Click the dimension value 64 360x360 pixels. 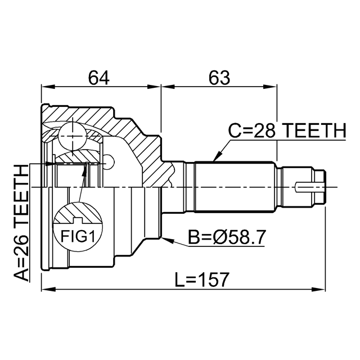coord(99,78)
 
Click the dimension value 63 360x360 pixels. coord(219,78)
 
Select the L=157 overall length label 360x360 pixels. coord(202,280)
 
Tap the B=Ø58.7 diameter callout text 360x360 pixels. coord(227,237)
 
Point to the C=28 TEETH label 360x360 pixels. coord(287,130)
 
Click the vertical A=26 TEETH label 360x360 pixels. coord(21,223)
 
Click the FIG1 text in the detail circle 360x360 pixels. coord(78,236)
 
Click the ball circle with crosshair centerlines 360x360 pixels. coord(73,136)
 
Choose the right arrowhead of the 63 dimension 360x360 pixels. coord(270,87)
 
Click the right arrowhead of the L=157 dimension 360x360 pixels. coord(318,289)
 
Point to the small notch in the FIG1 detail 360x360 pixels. coord(78,220)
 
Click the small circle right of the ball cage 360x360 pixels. coord(108,163)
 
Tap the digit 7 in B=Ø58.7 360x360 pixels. coord(260,237)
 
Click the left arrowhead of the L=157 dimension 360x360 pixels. coord(49,289)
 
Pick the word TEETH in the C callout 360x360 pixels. coord(314,130)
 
